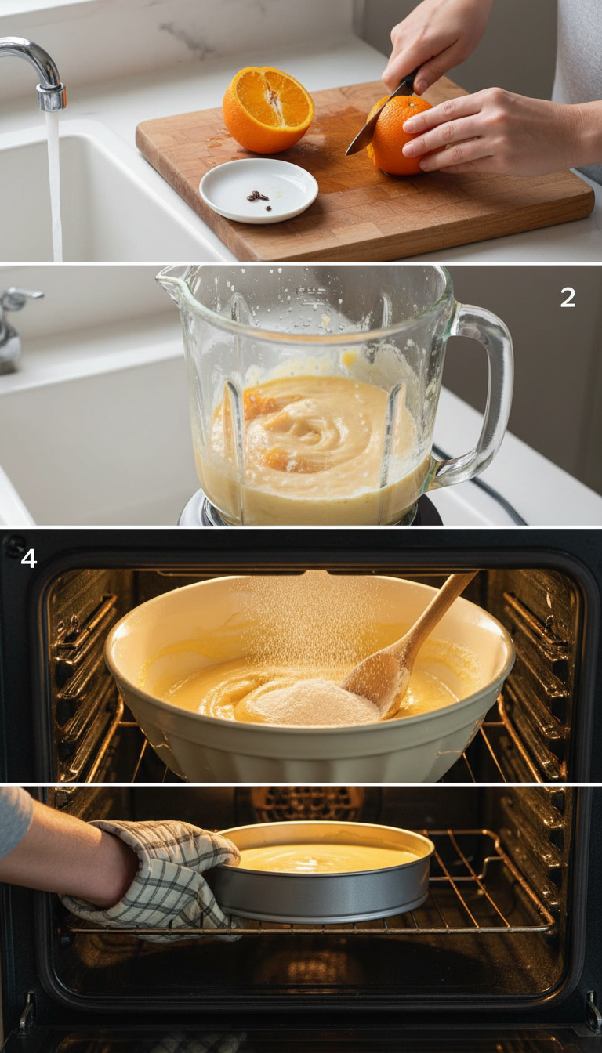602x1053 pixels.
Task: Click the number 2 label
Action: pos(568,297)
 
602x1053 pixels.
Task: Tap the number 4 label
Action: pos(28,559)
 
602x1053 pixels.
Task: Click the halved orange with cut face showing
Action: pos(268,109)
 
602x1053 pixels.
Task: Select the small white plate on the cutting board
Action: pos(258,190)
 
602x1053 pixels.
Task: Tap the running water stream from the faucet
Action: pos(55,188)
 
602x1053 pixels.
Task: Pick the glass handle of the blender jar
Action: pos(490,392)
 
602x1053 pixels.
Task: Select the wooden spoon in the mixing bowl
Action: pos(408,642)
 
